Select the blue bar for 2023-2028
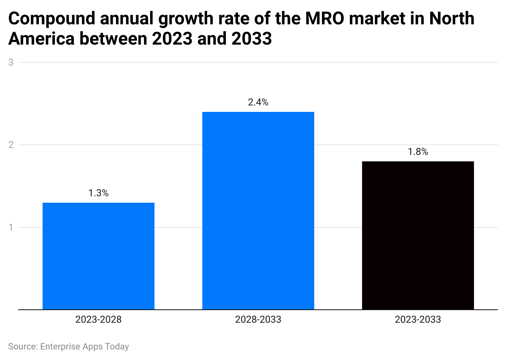click(99, 256)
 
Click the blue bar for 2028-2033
click(258, 210)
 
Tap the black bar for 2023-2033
click(418, 235)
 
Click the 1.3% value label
click(99, 193)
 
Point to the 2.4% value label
click(258, 103)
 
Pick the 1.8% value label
click(418, 152)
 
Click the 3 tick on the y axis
click(11, 62)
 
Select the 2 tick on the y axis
click(11, 145)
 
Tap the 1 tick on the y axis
click(11, 227)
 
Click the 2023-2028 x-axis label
click(99, 320)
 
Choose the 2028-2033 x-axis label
click(258, 320)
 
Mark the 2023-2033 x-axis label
click(418, 320)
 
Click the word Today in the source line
click(117, 347)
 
